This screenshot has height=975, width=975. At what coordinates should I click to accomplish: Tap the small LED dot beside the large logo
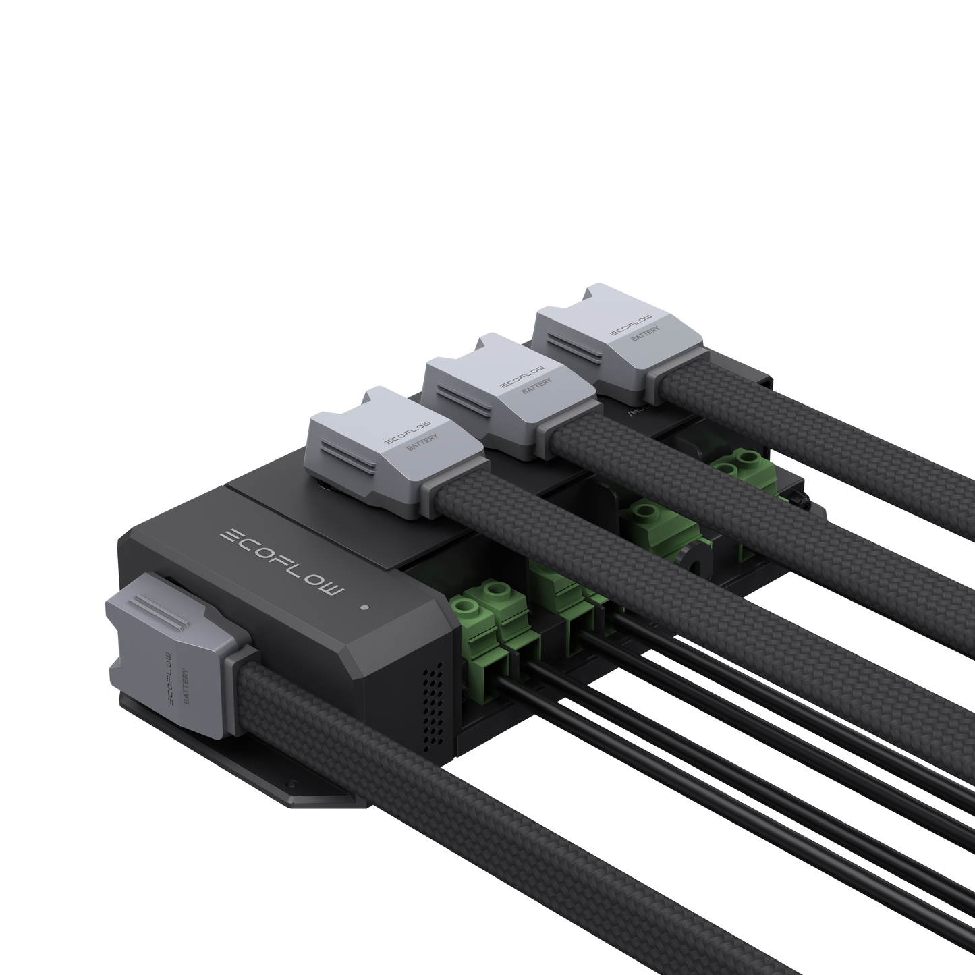(364, 607)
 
